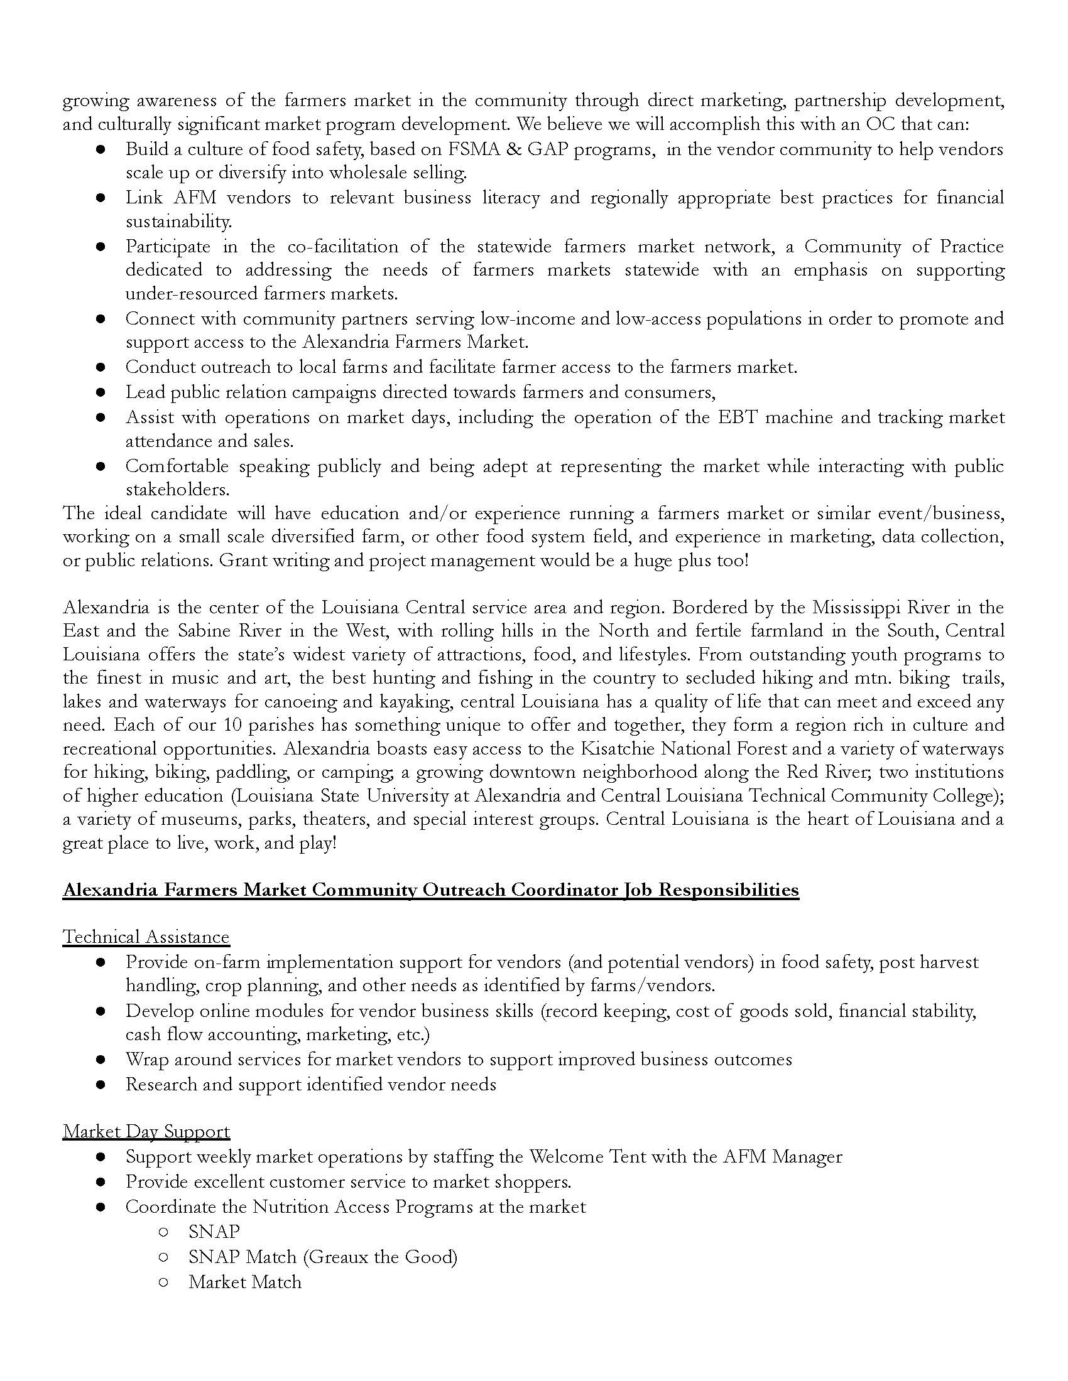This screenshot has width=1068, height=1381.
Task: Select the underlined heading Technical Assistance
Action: coord(146,937)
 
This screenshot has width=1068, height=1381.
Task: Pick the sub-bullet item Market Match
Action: coord(245,1282)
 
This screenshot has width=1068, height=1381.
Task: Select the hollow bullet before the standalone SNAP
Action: coord(163,1232)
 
